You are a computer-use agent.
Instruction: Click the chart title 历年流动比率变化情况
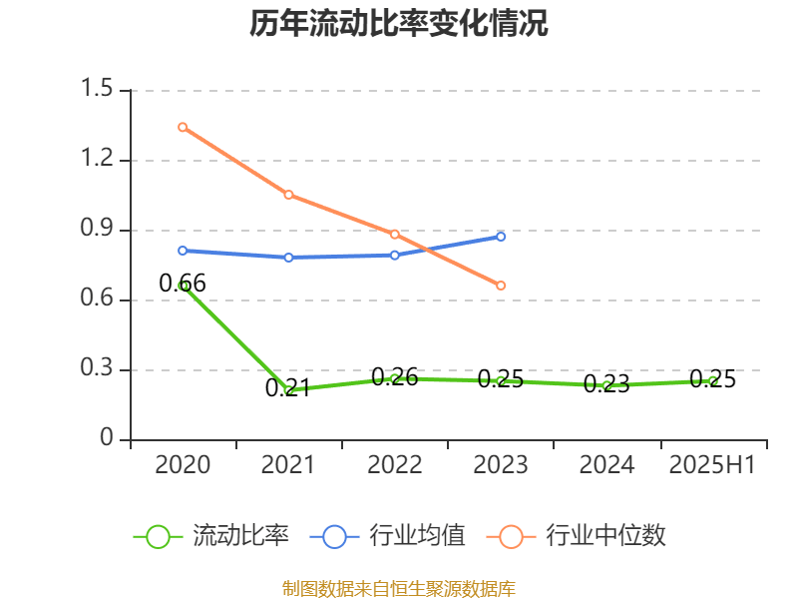pyautogui.click(x=399, y=24)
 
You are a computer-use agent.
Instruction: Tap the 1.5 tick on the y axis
pyautogui.click(x=100, y=90)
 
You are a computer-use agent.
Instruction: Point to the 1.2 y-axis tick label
pyautogui.click(x=100, y=160)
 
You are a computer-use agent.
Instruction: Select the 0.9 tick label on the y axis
pyautogui.click(x=100, y=230)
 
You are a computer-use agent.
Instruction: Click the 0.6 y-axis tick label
pyautogui.click(x=100, y=299)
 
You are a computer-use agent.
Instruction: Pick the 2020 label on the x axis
pyautogui.click(x=183, y=465)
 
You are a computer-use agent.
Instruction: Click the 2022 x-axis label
pyautogui.click(x=395, y=465)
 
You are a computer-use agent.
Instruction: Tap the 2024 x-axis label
pyautogui.click(x=606, y=465)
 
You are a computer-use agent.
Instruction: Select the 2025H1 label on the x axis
pyautogui.click(x=712, y=465)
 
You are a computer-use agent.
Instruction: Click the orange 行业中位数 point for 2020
pyautogui.click(x=183, y=127)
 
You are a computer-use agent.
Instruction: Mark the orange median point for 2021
pyautogui.click(x=288, y=195)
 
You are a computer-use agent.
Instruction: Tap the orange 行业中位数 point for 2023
pyautogui.click(x=501, y=286)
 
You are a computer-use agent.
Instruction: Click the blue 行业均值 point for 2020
pyautogui.click(x=183, y=251)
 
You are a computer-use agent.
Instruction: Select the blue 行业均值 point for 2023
pyautogui.click(x=501, y=237)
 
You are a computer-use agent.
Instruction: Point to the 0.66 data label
pyautogui.click(x=183, y=284)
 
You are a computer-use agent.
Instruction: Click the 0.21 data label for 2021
pyautogui.click(x=288, y=387)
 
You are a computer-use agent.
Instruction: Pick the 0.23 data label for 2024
pyautogui.click(x=606, y=384)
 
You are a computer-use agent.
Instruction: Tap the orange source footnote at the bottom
pyautogui.click(x=399, y=588)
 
